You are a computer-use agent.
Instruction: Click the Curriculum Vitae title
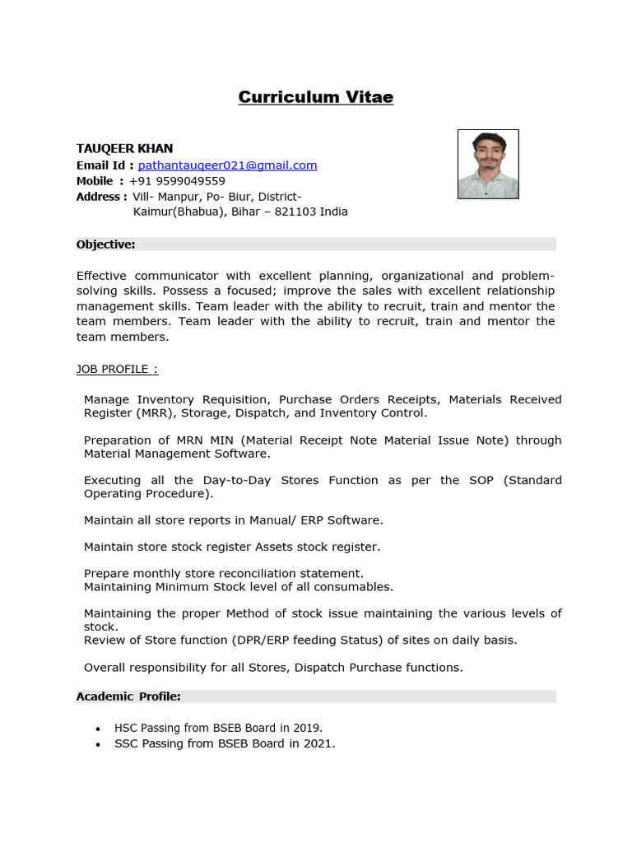[316, 97]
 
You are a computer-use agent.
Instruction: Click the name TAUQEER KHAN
[124, 148]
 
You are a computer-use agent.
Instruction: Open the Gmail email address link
[227, 165]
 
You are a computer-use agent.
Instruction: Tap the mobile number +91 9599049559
[177, 180]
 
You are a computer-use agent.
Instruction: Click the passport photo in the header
[488, 164]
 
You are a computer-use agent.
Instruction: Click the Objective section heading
[105, 244]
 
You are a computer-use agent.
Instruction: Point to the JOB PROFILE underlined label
[117, 370]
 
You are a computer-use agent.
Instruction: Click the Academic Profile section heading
[128, 696]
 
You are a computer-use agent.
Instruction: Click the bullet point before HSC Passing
[98, 729]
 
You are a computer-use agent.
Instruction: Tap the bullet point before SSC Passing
[98, 744]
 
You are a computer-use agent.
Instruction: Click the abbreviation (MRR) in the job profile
[156, 412]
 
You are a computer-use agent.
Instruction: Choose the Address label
[101, 196]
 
